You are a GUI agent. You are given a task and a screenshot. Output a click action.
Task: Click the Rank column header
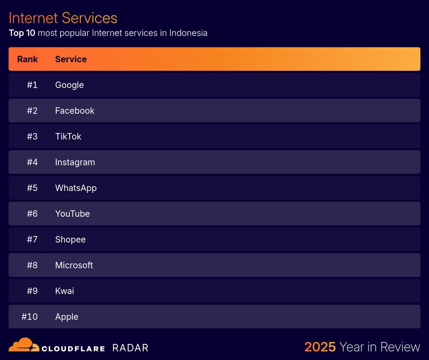27,59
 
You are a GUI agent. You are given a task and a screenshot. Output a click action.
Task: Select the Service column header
71,59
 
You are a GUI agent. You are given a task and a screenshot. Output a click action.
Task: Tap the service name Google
69,85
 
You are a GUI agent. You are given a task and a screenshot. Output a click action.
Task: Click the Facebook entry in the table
75,111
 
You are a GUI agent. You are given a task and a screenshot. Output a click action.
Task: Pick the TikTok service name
68,136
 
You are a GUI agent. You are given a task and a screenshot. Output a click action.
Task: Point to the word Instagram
75,162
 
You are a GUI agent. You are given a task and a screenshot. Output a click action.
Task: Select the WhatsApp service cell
76,188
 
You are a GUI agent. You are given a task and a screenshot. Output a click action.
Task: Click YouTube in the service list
72,214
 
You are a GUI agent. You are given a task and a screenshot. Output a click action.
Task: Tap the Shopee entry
70,239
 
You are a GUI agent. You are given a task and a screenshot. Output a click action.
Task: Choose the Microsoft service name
74,265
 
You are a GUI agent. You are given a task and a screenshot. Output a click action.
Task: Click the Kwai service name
64,291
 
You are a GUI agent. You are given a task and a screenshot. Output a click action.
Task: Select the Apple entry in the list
66,317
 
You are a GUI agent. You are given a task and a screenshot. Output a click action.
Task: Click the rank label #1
32,85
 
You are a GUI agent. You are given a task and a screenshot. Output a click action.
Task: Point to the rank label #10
29,317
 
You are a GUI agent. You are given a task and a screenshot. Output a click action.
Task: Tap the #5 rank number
32,188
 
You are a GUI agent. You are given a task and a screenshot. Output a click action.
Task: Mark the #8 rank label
32,265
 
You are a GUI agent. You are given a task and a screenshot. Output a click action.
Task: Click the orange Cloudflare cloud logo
24,345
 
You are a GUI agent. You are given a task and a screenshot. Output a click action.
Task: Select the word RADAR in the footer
130,348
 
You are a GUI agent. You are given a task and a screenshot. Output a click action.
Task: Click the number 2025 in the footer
320,347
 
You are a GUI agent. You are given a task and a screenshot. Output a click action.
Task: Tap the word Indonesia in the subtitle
188,33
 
